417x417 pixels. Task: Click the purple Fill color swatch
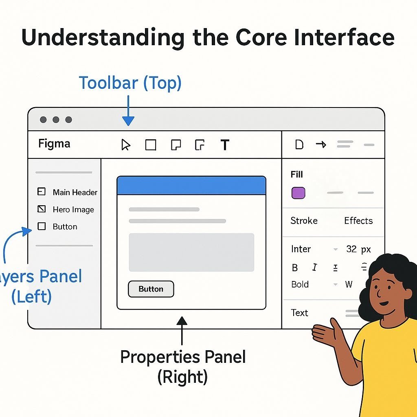[298, 193]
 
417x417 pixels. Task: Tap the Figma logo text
[54, 144]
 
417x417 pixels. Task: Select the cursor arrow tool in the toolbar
[125, 145]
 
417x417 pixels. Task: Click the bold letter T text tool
[225, 145]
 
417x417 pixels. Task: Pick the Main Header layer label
[75, 192]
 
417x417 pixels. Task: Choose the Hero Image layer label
[73, 210]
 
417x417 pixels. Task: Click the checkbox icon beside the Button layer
[42, 226]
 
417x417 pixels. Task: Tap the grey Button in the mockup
[151, 289]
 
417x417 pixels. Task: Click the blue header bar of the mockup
[191, 185]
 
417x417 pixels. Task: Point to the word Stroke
[304, 221]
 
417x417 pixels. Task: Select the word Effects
[358, 221]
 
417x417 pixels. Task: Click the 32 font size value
[351, 249]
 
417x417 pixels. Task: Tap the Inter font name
[301, 249]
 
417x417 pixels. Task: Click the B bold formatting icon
[295, 268]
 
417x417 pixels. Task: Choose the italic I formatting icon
[315, 267]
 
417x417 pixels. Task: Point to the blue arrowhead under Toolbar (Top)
[128, 121]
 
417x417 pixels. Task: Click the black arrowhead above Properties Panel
[182, 321]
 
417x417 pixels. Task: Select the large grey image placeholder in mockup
[191, 252]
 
